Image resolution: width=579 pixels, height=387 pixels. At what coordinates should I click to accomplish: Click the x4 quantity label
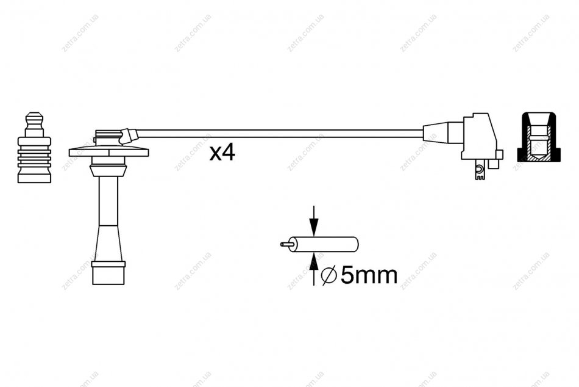click(222, 153)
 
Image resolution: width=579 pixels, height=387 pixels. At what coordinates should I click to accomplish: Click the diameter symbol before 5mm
click(329, 276)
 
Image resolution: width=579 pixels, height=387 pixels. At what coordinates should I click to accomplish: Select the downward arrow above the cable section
click(313, 221)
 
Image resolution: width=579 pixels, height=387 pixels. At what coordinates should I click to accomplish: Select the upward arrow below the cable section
click(313, 269)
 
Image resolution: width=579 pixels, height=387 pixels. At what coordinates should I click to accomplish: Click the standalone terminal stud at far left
click(34, 147)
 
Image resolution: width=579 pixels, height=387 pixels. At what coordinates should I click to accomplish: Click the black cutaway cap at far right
click(539, 137)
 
